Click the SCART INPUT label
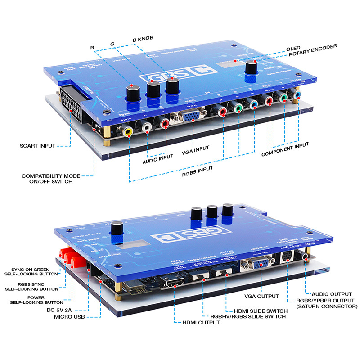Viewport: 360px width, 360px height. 38,146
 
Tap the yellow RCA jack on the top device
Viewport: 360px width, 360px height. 129,132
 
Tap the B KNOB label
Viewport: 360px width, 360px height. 143,39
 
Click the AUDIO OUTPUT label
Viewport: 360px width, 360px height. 332,294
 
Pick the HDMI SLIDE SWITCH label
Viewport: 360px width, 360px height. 255,311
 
